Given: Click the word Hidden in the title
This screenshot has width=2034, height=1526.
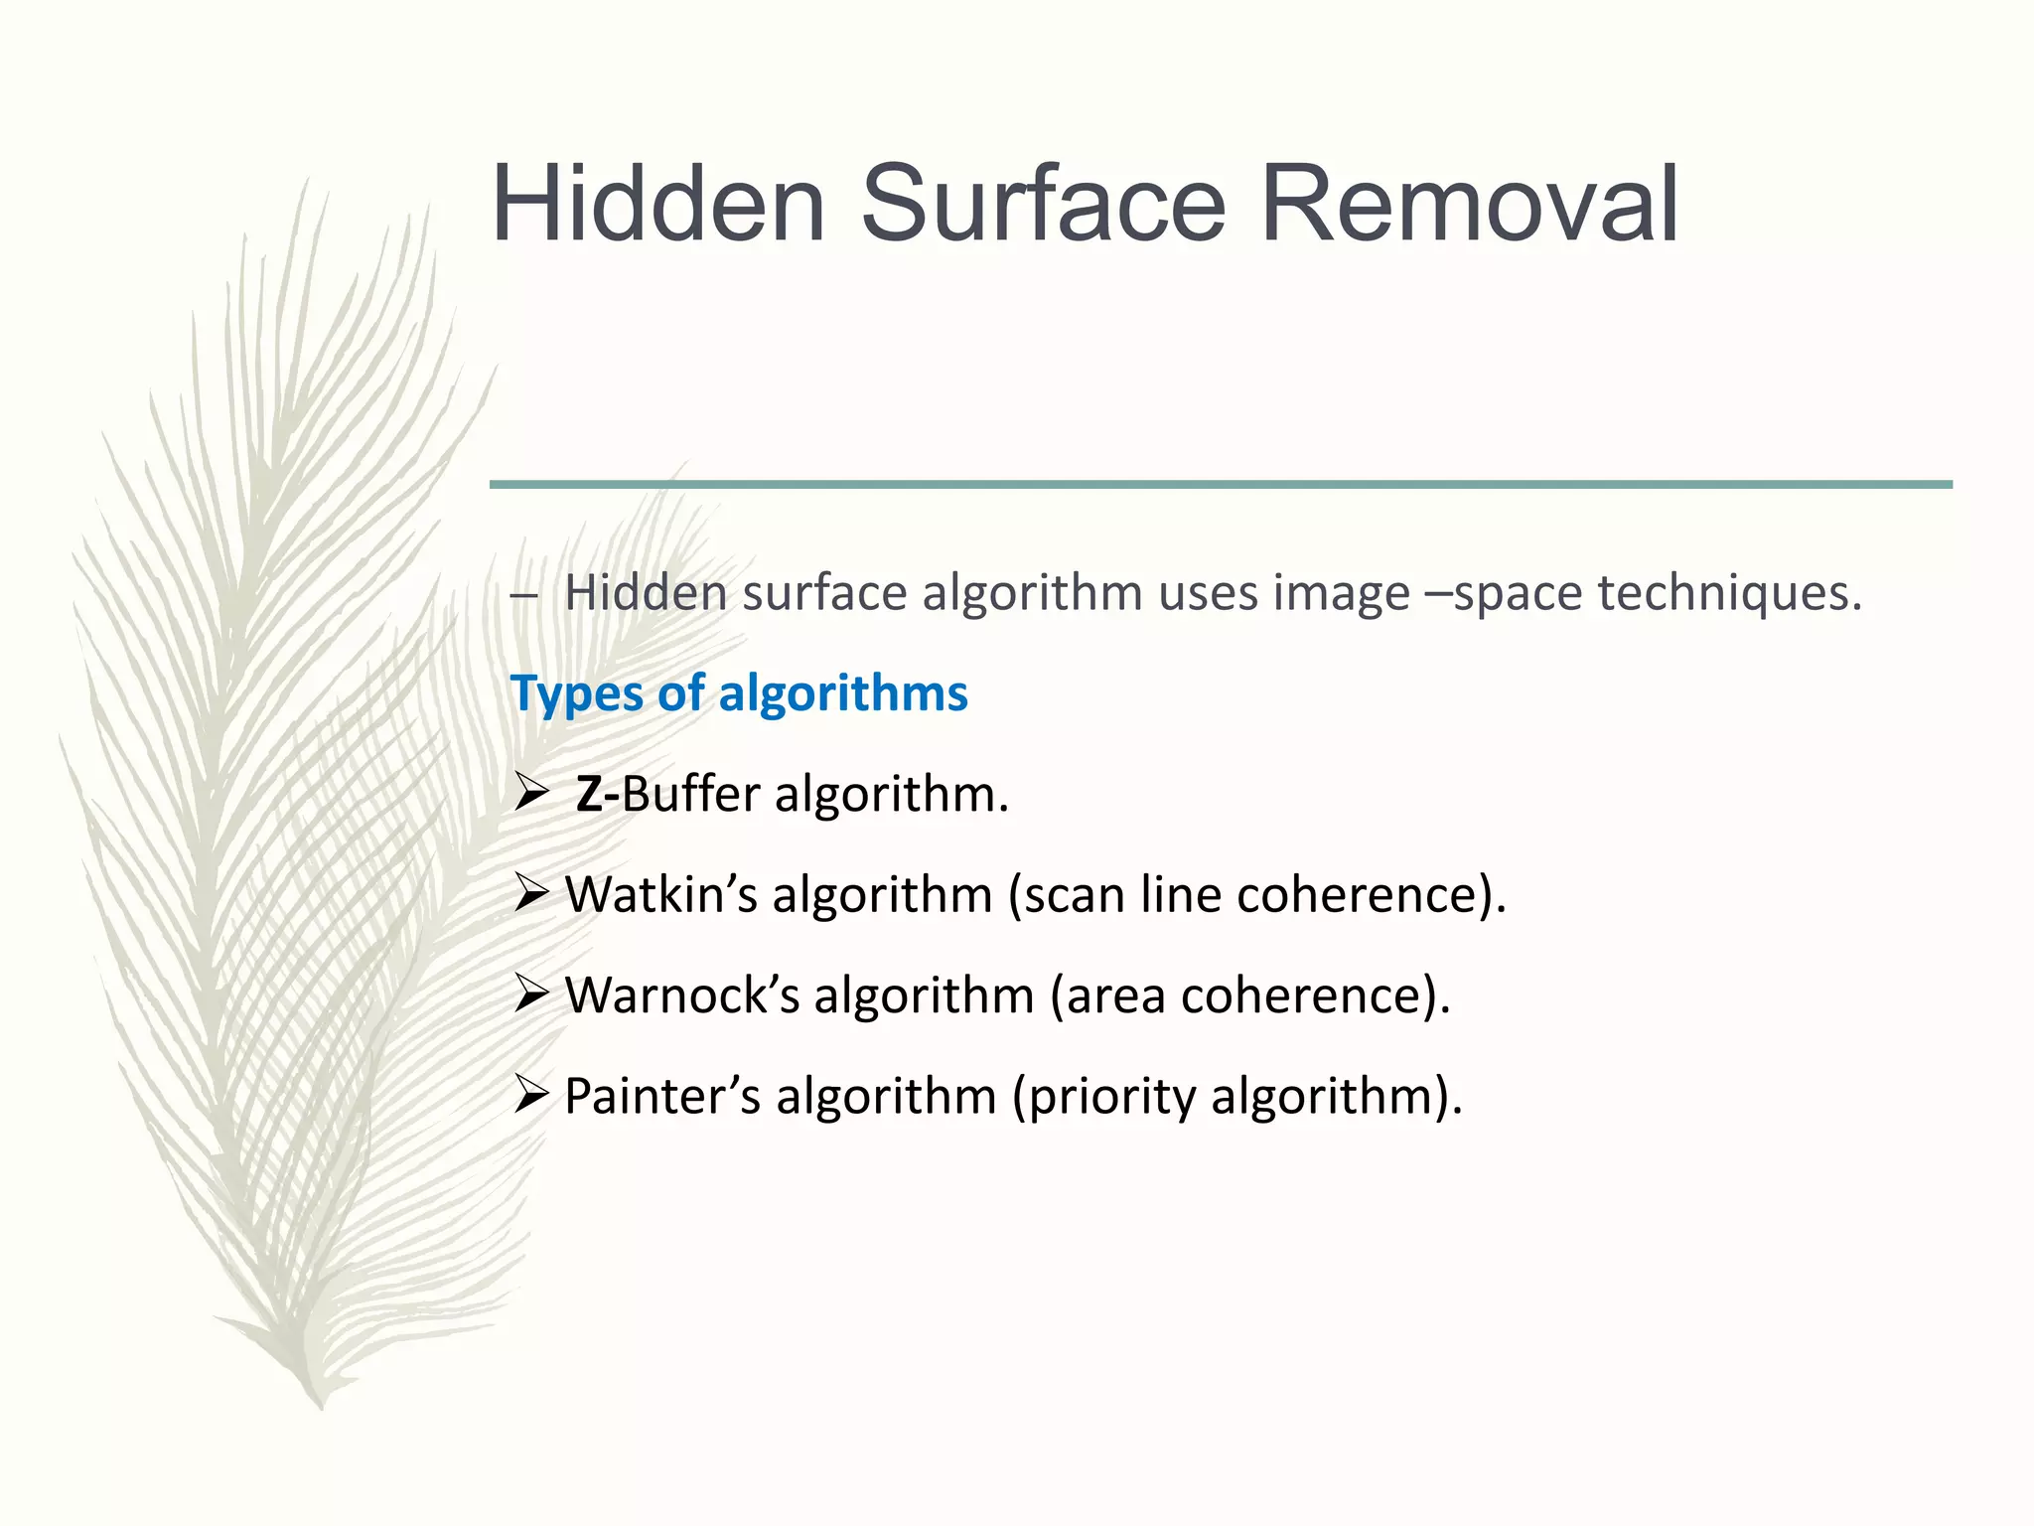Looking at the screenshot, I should pos(659,205).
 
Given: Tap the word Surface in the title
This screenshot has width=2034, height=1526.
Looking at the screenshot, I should pos(1043,205).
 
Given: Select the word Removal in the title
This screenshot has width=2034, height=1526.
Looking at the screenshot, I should pos(1470,205).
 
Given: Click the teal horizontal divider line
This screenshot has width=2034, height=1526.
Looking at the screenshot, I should pos(1220,485).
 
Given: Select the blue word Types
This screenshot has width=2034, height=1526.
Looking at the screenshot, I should pos(576,694).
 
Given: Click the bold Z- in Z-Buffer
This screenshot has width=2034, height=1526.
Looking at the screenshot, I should pos(597,795).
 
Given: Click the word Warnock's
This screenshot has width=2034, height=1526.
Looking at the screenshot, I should pos(681,994).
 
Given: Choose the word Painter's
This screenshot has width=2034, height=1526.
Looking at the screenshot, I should pos(661,1096).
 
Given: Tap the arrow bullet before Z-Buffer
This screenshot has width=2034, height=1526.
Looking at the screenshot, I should pos(532,794).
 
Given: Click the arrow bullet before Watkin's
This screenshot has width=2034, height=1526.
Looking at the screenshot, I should pos(532,894).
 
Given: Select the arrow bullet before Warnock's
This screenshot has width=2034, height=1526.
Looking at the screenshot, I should pos(532,994).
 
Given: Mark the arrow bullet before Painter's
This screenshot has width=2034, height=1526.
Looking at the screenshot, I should pos(532,1096).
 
